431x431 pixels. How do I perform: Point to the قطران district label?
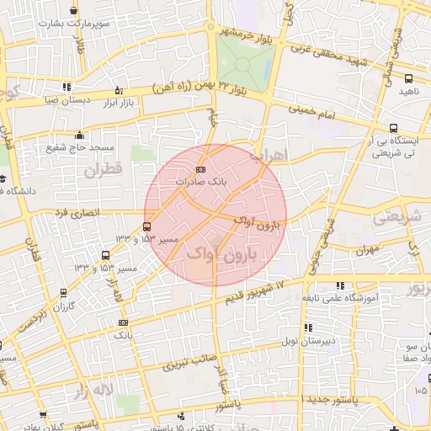click(104, 171)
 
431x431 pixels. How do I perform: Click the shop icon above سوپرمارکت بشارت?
click(76, 11)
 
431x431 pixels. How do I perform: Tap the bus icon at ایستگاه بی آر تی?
click(393, 128)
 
